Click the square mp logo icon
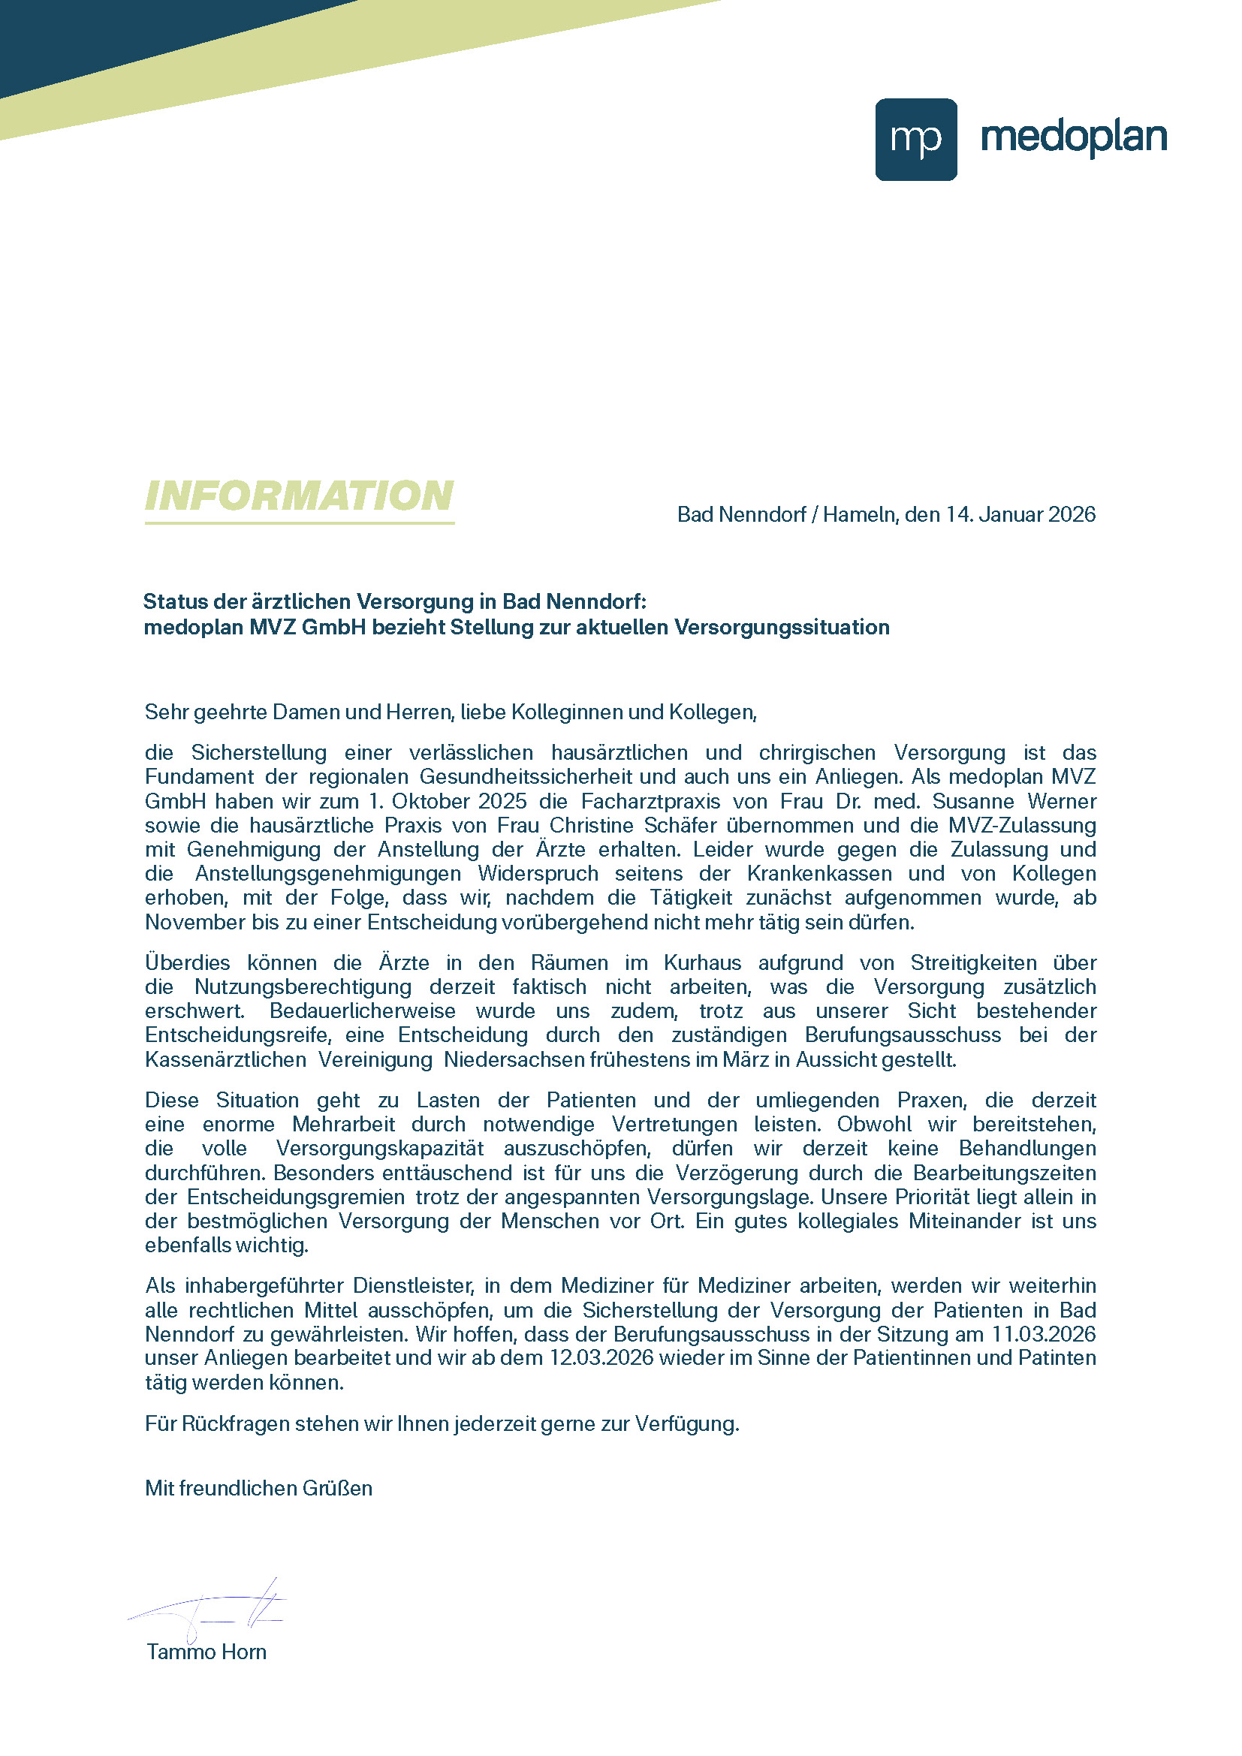[915, 139]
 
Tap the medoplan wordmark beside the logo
[1073, 137]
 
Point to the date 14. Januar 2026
[1020, 514]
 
